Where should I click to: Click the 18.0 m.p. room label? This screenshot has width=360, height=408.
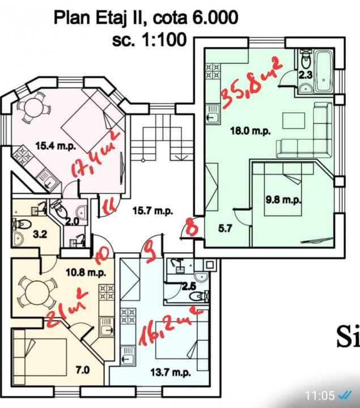(x=251, y=130)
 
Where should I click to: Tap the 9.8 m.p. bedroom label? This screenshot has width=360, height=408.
(x=283, y=200)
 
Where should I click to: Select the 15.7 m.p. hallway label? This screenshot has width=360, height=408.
(x=153, y=210)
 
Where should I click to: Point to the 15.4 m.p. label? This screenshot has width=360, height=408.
(x=56, y=146)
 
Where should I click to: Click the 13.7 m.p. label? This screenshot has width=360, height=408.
(x=171, y=373)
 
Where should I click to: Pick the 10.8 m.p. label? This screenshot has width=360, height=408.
(x=86, y=273)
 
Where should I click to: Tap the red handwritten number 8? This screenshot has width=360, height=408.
(x=192, y=227)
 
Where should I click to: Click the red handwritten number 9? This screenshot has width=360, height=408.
(x=150, y=252)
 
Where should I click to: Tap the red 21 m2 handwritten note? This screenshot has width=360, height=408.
(x=67, y=308)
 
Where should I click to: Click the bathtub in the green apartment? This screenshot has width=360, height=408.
(x=324, y=71)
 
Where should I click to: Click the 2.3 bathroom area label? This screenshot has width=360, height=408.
(x=305, y=75)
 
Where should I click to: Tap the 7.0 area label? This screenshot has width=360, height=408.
(x=83, y=369)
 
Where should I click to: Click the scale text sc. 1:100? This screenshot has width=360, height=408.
(x=150, y=40)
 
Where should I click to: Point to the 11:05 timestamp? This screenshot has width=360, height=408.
(x=320, y=396)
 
